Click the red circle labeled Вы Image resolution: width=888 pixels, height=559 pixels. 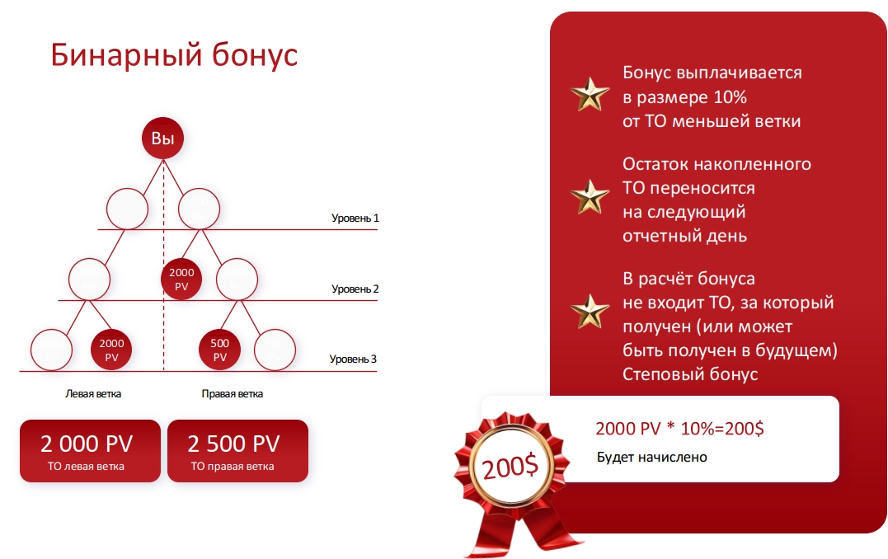[163, 139]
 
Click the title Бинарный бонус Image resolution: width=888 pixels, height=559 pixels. [174, 55]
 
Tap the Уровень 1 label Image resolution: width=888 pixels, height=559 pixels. [355, 218]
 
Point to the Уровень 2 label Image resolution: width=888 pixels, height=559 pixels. [355, 289]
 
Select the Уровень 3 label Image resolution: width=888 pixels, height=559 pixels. [353, 359]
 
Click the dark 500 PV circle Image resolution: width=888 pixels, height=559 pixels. [220, 350]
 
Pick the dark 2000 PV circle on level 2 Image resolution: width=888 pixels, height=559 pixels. [181, 279]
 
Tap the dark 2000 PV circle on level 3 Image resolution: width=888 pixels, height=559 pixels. [111, 350]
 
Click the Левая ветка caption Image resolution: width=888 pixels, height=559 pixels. [93, 393]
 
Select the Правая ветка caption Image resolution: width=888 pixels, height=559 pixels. [233, 393]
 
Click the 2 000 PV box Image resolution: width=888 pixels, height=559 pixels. [90, 451]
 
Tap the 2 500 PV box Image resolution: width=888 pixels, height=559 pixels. [237, 451]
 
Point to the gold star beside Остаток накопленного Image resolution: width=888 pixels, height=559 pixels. [590, 197]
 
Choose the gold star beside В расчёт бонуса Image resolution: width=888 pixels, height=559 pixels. [590, 312]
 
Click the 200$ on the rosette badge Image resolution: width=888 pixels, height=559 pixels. [510, 467]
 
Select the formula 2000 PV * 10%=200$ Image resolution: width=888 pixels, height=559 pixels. [679, 429]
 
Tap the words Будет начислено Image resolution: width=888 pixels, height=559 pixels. [652, 457]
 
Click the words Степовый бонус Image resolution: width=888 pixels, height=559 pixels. [690, 374]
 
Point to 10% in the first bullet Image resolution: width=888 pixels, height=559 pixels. [730, 96]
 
